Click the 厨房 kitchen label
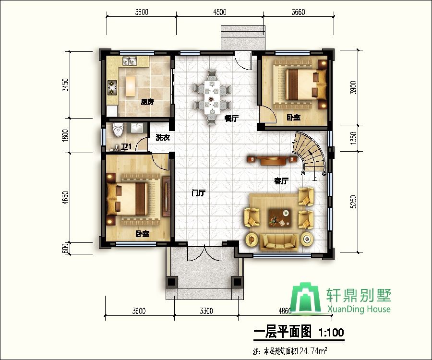click(147, 102)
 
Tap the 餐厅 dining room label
click(231, 118)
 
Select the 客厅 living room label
click(281, 181)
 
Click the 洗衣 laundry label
click(162, 138)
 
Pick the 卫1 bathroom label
click(127, 146)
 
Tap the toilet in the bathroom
click(118, 130)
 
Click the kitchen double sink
click(130, 61)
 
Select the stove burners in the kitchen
click(112, 86)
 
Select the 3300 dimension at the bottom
click(206, 311)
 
